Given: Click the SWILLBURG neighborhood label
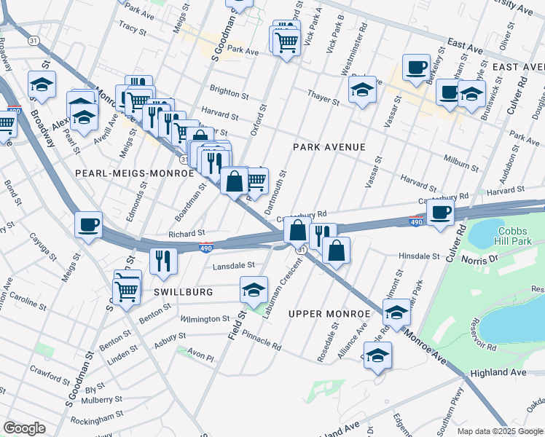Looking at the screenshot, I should pyautogui.click(x=184, y=291).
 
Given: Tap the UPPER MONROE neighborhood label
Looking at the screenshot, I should pyautogui.click(x=330, y=314).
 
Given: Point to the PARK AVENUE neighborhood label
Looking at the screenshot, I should pyautogui.click(x=329, y=147).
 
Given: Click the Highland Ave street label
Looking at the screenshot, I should pyautogui.click(x=498, y=372).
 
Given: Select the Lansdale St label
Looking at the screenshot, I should pyautogui.click(x=233, y=267).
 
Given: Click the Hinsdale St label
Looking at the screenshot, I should pyautogui.click(x=420, y=256).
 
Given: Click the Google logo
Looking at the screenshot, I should pyautogui.click(x=24, y=428).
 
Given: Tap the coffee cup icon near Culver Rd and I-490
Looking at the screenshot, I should pyautogui.click(x=440, y=213).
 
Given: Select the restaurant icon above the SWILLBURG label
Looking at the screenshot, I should pyautogui.click(x=163, y=259).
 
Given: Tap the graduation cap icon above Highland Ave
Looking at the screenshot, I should pyautogui.click(x=377, y=355).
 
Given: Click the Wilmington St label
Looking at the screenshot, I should pyautogui.click(x=205, y=319).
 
